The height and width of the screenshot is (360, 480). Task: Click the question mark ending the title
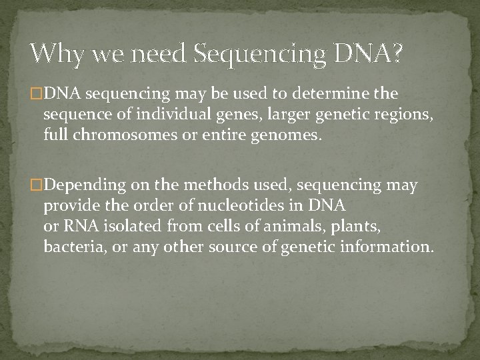pos(396,54)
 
